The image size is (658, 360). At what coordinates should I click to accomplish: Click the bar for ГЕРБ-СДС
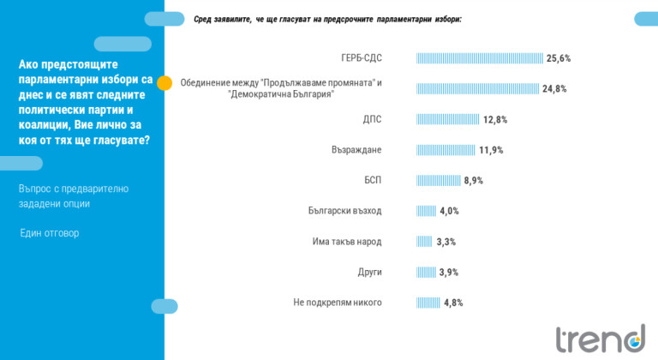click(x=480, y=58)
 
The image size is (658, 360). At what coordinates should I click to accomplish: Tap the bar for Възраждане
click(x=446, y=150)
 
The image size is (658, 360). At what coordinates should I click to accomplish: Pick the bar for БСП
click(x=438, y=180)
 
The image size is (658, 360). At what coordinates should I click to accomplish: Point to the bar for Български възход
click(x=426, y=211)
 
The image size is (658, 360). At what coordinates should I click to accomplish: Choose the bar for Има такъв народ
click(x=424, y=242)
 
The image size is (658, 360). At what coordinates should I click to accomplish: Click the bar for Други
click(x=426, y=272)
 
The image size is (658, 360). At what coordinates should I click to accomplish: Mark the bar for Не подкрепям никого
click(x=428, y=303)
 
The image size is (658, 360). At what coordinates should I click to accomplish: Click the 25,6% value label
click(x=559, y=58)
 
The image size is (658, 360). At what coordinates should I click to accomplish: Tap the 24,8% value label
click(x=554, y=88)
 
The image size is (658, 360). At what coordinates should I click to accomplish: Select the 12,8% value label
click(x=495, y=120)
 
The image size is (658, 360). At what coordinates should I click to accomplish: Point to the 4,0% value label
click(x=449, y=211)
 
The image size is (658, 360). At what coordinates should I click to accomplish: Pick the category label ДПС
click(x=372, y=119)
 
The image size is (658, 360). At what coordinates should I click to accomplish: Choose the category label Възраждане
click(x=356, y=150)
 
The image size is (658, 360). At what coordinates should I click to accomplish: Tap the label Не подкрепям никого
click(x=337, y=303)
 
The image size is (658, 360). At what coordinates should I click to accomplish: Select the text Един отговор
click(x=50, y=232)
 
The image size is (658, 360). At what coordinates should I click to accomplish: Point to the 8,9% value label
click(x=474, y=181)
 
